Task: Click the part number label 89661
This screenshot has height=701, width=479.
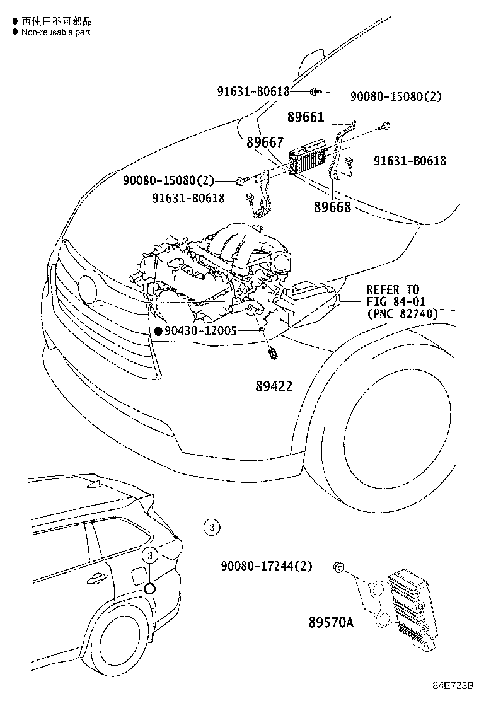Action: [x=306, y=118]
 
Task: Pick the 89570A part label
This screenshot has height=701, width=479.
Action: [x=331, y=623]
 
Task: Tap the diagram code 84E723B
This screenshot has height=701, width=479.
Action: [x=453, y=685]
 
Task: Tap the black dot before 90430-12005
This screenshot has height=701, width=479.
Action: [x=158, y=330]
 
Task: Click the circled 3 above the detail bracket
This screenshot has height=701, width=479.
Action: [x=212, y=527]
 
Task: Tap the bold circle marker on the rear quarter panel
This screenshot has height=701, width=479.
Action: [x=149, y=589]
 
